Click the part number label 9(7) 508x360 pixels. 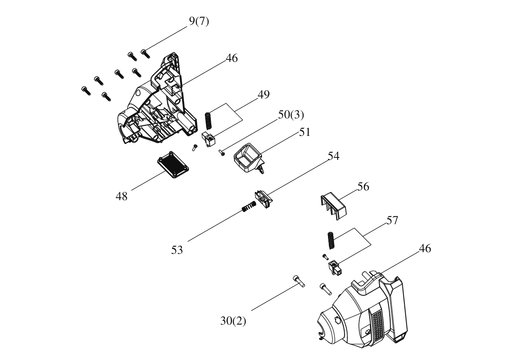click(x=199, y=21)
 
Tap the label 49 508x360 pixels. click(x=263, y=94)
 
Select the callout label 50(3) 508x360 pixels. click(x=291, y=115)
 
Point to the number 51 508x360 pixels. click(x=304, y=132)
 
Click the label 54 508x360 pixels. click(x=333, y=156)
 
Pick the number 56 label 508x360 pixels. click(x=363, y=187)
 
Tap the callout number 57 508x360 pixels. click(x=392, y=220)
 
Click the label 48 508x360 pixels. click(x=122, y=196)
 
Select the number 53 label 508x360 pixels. click(x=177, y=250)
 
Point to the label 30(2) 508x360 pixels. click(x=233, y=321)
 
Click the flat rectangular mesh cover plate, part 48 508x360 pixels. click(x=173, y=165)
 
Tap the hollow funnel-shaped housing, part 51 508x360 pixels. click(x=249, y=158)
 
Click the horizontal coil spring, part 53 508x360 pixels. click(x=249, y=206)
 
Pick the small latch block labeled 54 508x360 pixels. click(x=263, y=199)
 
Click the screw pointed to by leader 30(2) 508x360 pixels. click(x=300, y=281)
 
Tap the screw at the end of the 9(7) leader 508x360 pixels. click(x=145, y=54)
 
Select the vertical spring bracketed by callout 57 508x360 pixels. click(x=332, y=240)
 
